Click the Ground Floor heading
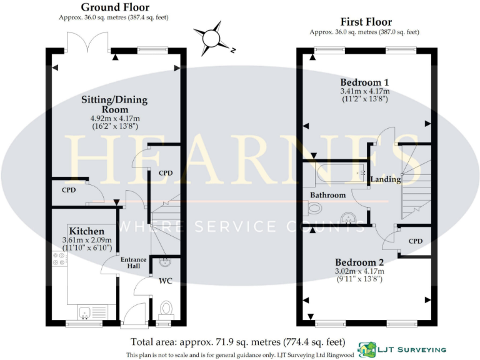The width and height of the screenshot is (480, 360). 116,7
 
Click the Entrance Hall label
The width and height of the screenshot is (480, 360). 134,262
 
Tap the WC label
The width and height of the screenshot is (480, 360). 165,281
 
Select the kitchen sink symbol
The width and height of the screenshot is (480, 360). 92,311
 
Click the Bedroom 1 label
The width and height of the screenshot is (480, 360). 364,82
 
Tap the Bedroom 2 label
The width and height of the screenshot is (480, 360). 359,262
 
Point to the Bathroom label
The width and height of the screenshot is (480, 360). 328,195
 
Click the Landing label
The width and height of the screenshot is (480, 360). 386,179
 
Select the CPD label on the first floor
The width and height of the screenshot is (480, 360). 416,240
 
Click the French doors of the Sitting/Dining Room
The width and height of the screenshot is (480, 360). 89,41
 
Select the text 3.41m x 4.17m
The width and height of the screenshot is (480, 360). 364,91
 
